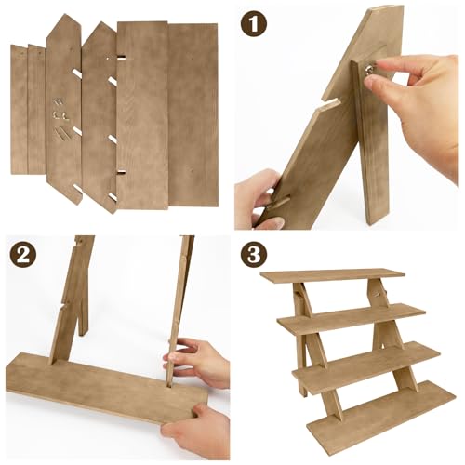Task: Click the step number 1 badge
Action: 254,25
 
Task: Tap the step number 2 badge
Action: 23,255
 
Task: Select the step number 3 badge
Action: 254,255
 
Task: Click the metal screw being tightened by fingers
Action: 369,71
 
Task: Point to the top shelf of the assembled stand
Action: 332,275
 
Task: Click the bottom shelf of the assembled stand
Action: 381,408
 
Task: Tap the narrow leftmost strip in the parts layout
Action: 19,109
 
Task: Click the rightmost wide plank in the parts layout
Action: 193,114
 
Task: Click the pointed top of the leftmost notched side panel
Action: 65,14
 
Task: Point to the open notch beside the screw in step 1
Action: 329,103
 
